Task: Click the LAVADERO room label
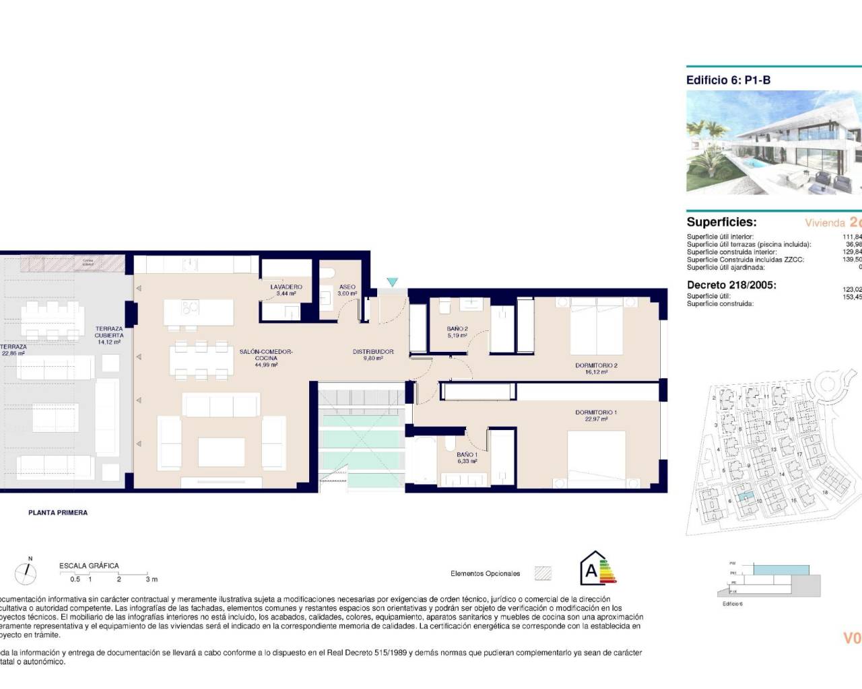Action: (286, 287)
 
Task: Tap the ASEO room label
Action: (347, 287)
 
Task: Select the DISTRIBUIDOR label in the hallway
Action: (373, 352)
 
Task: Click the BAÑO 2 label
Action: (457, 330)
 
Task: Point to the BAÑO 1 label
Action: (467, 455)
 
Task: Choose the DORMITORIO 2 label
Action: (596, 366)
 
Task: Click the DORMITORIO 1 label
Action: (596, 412)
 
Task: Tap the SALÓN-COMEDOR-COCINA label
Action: (266, 355)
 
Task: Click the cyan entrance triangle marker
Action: (393, 283)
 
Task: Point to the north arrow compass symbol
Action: (27, 572)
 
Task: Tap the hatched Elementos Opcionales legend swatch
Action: (543, 573)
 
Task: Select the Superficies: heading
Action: (721, 222)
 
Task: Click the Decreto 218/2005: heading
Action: (731, 285)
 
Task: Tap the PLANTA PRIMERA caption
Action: (58, 513)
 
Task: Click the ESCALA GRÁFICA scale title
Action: (89, 566)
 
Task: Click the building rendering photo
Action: (773, 143)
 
